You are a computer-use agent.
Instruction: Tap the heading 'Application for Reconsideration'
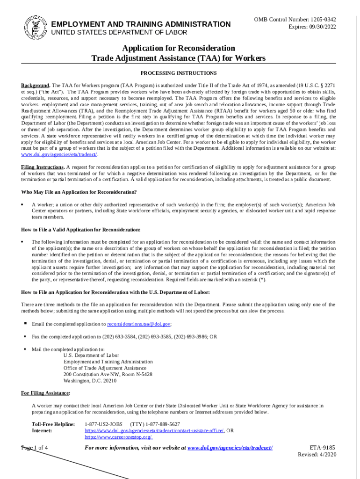click(x=179, y=48)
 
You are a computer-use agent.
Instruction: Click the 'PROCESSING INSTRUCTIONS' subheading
click(x=179, y=73)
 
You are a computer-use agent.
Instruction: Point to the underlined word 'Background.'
click(x=36, y=86)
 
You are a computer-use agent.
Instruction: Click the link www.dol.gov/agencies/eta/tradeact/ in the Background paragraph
click(x=59, y=154)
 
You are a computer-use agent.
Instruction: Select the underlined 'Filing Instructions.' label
click(x=43, y=167)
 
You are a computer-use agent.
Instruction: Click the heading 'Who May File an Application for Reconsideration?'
click(x=79, y=192)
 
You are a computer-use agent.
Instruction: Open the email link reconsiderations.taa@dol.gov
click(x=139, y=324)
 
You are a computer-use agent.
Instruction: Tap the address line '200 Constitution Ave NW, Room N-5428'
click(x=108, y=374)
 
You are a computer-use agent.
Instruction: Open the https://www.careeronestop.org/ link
click(x=118, y=437)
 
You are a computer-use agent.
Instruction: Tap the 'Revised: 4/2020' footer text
click(x=317, y=455)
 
